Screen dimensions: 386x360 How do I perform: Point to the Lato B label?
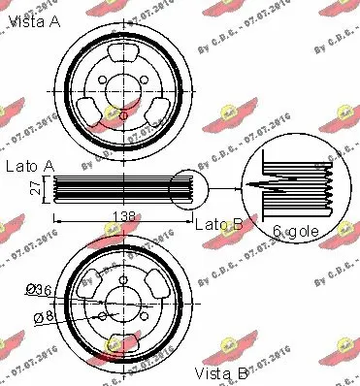tap(218, 224)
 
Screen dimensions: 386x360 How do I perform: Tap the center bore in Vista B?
tap(121, 303)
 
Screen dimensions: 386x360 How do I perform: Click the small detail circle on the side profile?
tap(187, 187)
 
